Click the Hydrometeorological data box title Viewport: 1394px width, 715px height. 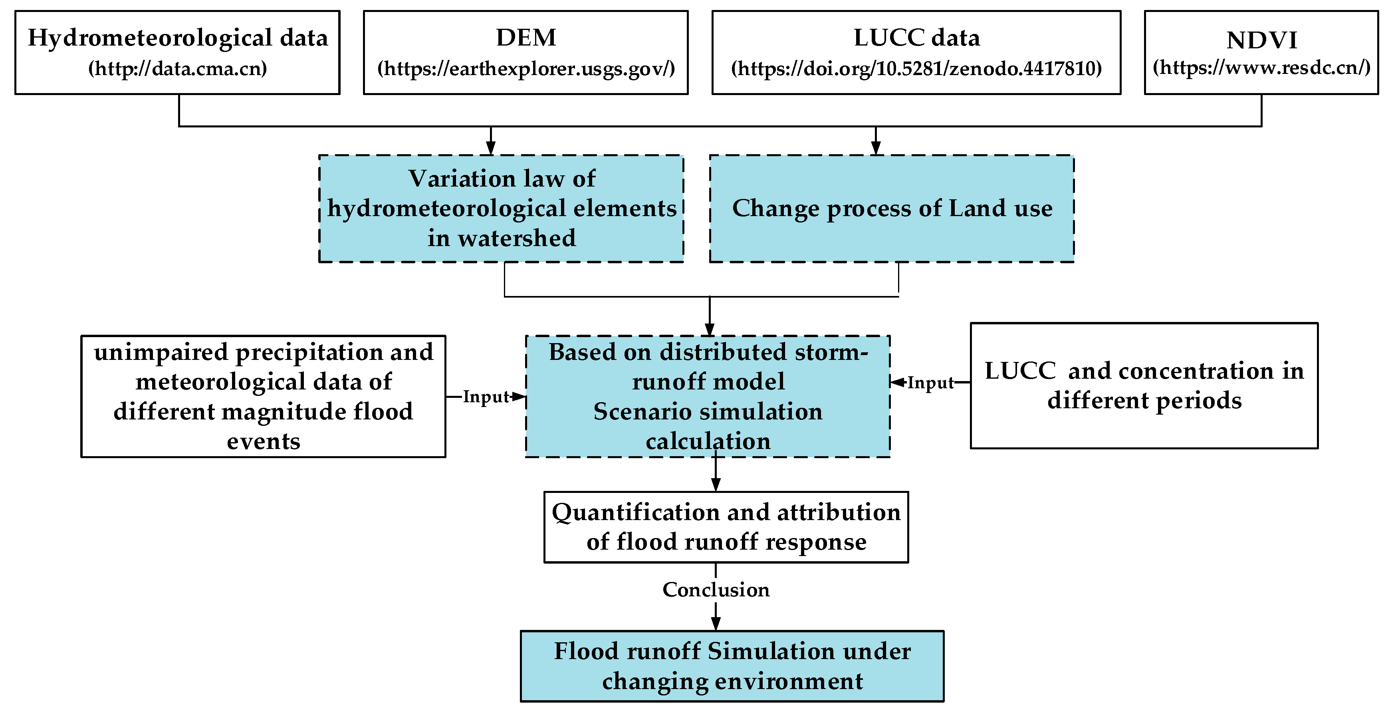(178, 38)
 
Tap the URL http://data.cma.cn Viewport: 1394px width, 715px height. (178, 69)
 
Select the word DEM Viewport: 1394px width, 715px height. (525, 38)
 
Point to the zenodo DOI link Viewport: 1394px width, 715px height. (916, 69)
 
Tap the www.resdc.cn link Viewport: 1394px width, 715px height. (1261, 68)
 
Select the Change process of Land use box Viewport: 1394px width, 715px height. (892, 209)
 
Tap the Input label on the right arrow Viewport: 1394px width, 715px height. (930, 383)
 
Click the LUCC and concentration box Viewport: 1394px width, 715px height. (1144, 385)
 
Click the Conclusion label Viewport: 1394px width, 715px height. (716, 590)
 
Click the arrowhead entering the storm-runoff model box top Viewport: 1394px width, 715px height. (710, 330)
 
